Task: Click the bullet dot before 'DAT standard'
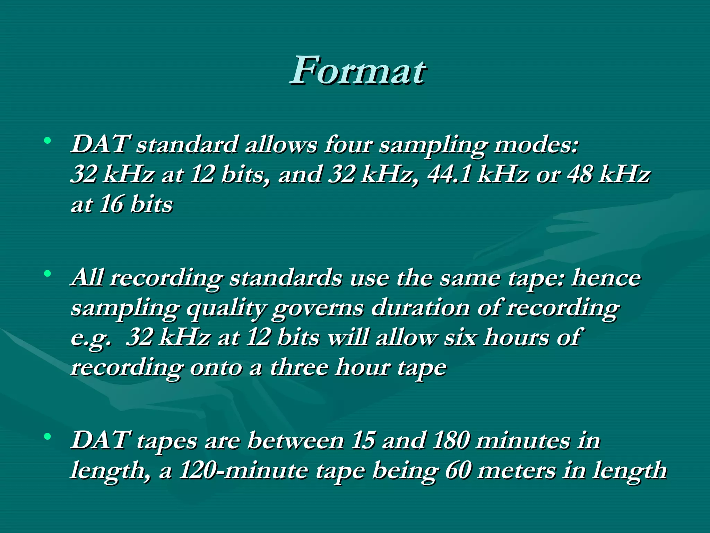47,141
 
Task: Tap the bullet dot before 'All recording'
47,273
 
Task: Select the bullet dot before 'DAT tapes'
47,436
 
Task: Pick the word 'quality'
227,308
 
